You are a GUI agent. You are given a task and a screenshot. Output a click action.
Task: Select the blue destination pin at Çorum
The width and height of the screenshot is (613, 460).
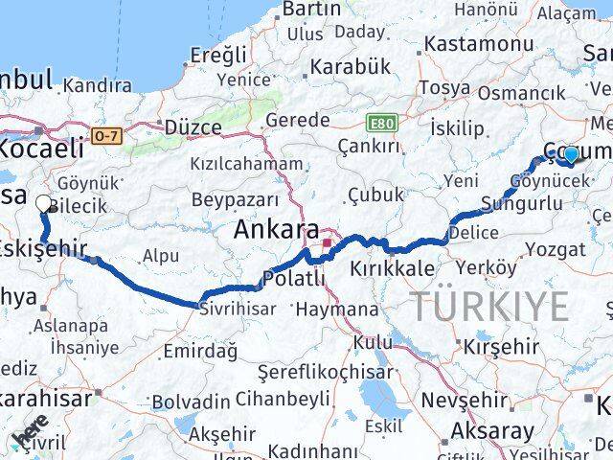tap(571, 153)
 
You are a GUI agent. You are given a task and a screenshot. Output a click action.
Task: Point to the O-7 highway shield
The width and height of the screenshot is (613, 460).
tap(107, 136)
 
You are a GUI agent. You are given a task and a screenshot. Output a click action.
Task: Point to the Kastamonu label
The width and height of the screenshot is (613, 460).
tap(478, 45)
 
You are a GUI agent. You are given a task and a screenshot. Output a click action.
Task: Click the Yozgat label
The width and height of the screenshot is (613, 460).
tap(557, 249)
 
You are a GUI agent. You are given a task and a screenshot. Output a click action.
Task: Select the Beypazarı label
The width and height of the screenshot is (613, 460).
tap(235, 199)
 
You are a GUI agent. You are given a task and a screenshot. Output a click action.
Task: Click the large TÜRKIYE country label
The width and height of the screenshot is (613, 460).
tap(491, 306)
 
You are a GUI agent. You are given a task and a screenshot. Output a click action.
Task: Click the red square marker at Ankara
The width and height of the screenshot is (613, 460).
tap(326, 244)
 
